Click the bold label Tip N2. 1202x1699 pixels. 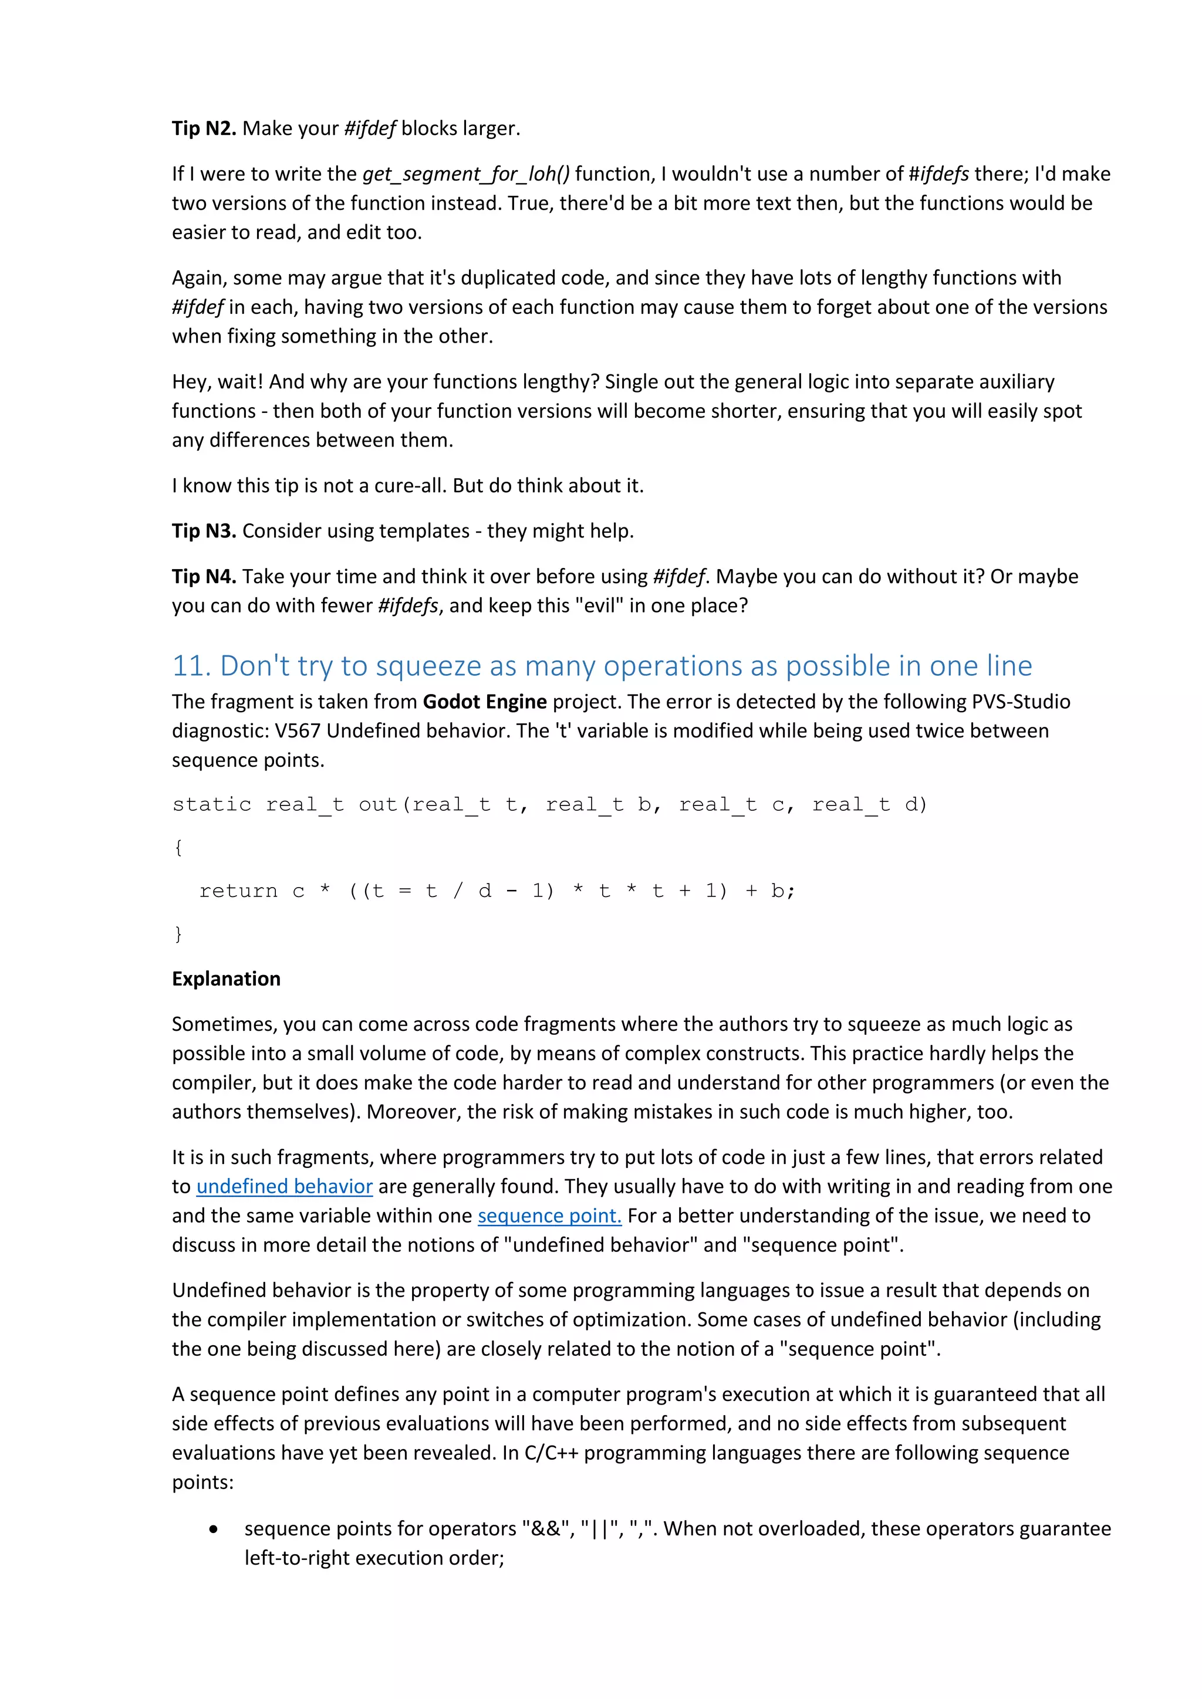point(204,128)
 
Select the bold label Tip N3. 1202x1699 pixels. point(204,532)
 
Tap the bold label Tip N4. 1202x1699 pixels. point(204,577)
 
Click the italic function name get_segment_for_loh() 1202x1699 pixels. point(465,174)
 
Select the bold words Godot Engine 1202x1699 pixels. point(484,702)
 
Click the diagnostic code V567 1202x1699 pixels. point(297,731)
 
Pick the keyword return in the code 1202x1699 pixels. point(238,891)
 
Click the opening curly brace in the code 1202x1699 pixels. point(178,847)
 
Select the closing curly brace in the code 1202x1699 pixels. point(178,934)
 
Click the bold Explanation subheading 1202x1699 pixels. point(226,979)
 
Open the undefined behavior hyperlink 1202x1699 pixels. point(284,1187)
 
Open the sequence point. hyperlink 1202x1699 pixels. point(549,1216)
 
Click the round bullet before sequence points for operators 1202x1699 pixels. point(214,1529)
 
